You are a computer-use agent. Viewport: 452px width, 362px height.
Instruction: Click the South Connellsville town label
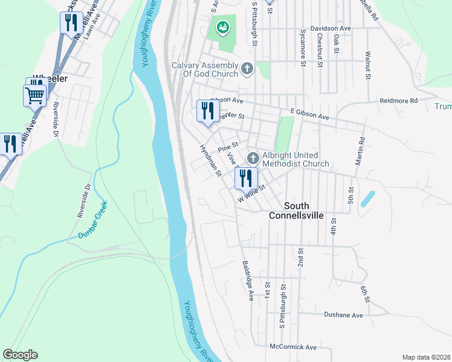[296, 211]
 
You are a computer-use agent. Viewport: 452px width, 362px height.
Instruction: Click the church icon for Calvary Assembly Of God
[247, 69]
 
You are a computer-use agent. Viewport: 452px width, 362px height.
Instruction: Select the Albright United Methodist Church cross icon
[253, 159]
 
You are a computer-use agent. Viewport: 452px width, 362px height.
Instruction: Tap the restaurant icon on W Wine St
[245, 178]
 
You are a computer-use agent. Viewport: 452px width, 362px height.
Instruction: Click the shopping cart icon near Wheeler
[34, 95]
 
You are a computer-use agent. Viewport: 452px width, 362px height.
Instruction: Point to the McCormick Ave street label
[293, 348]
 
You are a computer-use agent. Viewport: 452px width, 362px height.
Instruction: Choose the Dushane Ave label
[343, 315]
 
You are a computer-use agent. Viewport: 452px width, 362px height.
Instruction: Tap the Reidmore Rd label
[398, 101]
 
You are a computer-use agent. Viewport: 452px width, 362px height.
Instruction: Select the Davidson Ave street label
[331, 28]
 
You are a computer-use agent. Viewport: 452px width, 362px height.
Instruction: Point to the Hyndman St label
[210, 160]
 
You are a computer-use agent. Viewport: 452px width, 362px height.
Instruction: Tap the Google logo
[21, 355]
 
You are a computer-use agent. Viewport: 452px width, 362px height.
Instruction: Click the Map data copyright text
[425, 357]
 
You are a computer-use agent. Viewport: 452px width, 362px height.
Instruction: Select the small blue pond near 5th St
[367, 199]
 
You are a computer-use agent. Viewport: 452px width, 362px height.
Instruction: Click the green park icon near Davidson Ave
[222, 27]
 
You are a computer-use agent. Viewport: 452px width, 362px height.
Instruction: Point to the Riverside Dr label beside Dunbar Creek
[83, 200]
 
